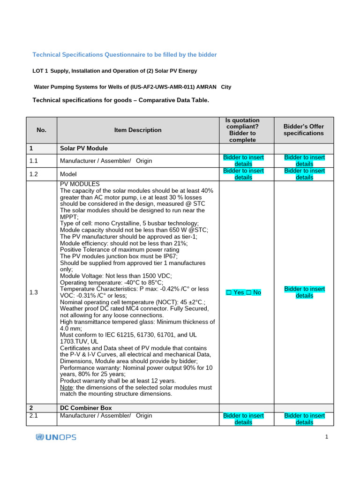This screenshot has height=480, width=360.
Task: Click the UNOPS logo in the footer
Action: [x=56, y=437]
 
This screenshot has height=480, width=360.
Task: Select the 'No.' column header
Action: [x=41, y=130]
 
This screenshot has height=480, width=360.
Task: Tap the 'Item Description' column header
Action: [x=138, y=130]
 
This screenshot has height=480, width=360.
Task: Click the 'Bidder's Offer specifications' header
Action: [x=304, y=130]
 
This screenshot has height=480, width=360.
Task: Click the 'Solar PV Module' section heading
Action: [x=84, y=148]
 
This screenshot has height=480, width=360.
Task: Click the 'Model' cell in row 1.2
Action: [x=68, y=174]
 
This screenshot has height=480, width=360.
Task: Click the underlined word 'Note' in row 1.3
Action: [x=66, y=388]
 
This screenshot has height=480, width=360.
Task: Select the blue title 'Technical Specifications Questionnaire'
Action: [x=124, y=55]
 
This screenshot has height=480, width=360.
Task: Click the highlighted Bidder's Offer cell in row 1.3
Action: [x=304, y=292]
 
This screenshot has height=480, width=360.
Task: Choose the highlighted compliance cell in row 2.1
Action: [x=243, y=419]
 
